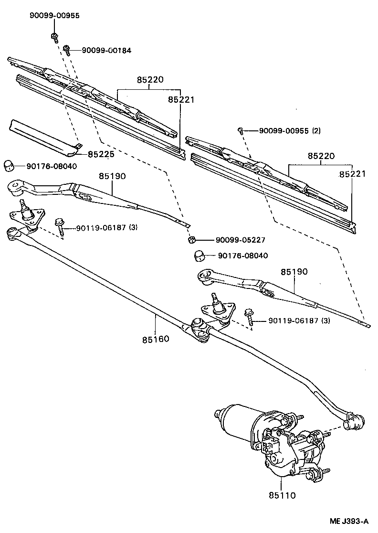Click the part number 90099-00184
[x=106, y=50]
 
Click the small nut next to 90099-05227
[x=192, y=239]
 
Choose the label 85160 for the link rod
[x=156, y=339]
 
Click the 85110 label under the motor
[x=281, y=495]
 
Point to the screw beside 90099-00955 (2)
[x=242, y=130]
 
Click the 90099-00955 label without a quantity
[x=55, y=16]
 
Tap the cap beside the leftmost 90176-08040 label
[x=9, y=165]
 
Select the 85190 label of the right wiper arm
[x=294, y=272]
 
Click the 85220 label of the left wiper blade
[x=149, y=79]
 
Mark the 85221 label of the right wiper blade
[x=352, y=174]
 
